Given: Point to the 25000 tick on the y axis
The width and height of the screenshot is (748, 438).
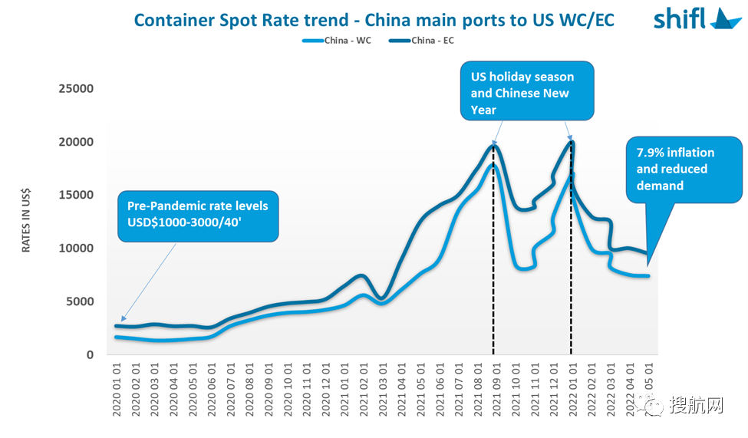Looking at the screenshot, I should coord(76,89).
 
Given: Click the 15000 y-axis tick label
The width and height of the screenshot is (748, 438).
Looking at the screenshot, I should coord(76,195).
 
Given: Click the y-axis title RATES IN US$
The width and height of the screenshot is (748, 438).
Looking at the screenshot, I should coord(26,222).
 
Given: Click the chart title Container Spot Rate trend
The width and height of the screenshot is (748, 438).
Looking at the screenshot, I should coord(374,18).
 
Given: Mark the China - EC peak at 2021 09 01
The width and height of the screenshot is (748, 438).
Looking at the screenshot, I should coord(494,145).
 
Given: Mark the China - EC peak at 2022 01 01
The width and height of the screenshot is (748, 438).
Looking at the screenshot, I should coord(572,142).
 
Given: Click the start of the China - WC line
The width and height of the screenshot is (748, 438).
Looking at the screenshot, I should coord(117,337).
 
